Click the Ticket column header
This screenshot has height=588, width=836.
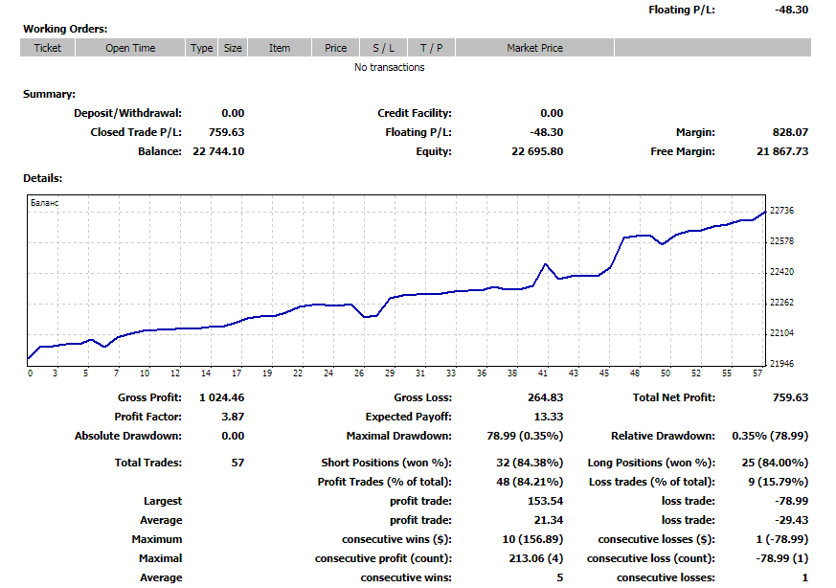click(x=47, y=48)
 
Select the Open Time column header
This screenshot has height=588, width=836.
click(x=130, y=48)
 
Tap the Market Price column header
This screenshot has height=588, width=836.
click(x=534, y=48)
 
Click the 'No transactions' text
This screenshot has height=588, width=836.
click(x=389, y=67)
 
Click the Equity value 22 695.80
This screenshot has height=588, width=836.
click(x=537, y=151)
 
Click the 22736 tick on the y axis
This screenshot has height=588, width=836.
click(x=782, y=211)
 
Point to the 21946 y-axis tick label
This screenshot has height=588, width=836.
click(x=782, y=364)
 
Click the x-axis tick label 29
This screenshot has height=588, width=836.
click(x=391, y=373)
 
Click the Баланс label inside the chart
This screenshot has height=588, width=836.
click(x=44, y=204)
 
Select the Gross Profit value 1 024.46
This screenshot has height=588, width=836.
click(x=221, y=397)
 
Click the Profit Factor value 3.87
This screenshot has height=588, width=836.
click(x=233, y=417)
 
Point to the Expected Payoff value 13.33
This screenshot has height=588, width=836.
click(x=548, y=417)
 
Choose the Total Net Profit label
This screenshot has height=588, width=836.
click(x=674, y=397)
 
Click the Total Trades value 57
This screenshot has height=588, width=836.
click(x=237, y=463)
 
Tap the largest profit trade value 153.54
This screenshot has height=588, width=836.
click(x=545, y=501)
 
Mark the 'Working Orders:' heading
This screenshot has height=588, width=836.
click(x=65, y=29)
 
